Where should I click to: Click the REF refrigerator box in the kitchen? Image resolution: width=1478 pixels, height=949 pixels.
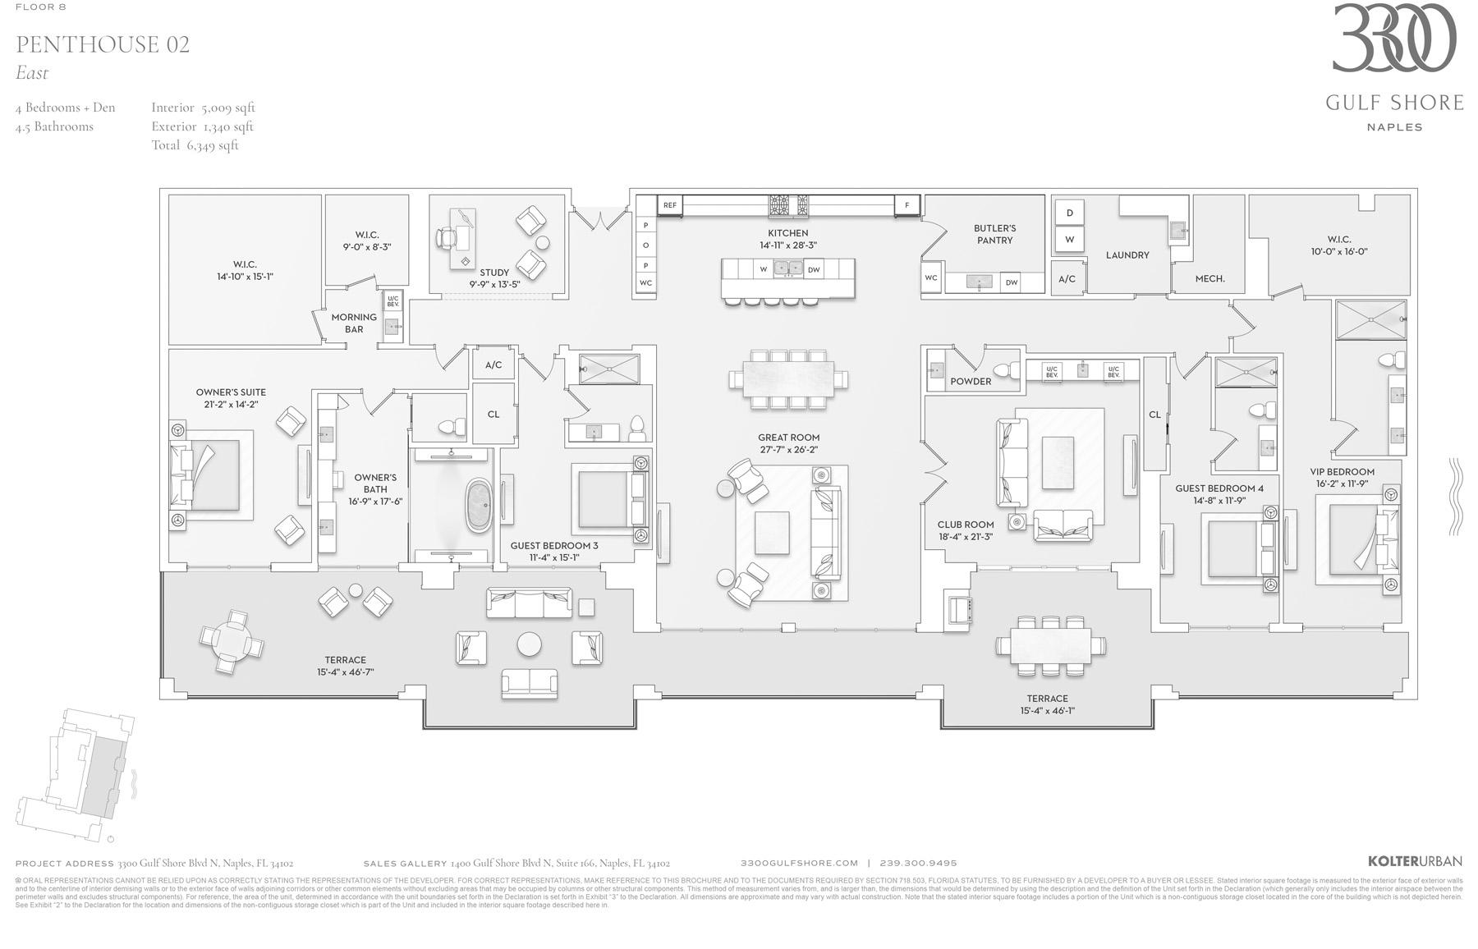coord(670,205)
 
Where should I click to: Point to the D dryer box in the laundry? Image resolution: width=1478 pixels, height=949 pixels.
coord(1069,213)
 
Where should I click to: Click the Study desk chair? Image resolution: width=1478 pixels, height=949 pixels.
coord(448,237)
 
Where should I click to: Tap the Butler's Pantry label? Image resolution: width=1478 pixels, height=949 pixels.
coord(994,234)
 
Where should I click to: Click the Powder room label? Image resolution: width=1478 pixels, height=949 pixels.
coord(971,381)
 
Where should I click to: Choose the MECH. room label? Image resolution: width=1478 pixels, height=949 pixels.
coord(1209,279)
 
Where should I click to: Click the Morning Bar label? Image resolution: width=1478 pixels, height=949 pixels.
coord(354,323)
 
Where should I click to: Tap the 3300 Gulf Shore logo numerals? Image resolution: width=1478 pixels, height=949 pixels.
coord(1393,39)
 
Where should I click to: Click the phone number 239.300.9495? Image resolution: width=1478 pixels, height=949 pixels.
coord(918,863)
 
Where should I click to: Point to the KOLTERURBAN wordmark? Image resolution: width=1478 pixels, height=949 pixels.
coord(1415,862)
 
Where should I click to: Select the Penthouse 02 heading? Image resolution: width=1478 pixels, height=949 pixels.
coord(103,44)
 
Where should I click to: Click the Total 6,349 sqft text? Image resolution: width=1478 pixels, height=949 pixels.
coord(195,145)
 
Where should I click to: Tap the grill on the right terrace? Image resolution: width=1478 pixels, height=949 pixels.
coord(959,610)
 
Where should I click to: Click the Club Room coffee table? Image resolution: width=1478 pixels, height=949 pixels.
coord(1058,458)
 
